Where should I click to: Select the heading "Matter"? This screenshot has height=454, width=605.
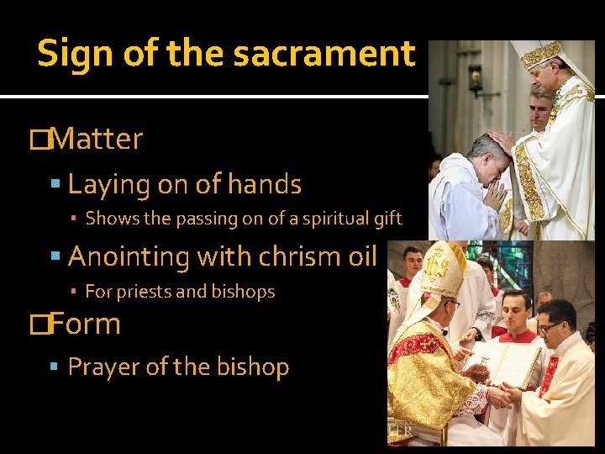(x=97, y=139)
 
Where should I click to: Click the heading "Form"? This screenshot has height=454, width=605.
(x=86, y=324)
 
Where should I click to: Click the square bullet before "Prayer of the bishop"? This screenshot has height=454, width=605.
(x=55, y=367)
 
